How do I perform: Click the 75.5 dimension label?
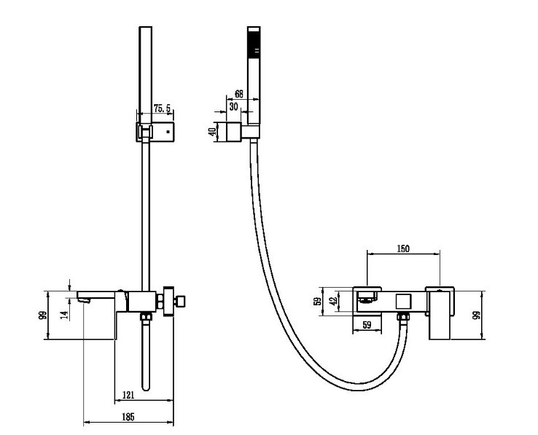pos(162,109)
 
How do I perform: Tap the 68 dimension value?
pos(239,94)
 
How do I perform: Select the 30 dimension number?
pos(234,106)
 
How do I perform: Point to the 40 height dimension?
pos(213,132)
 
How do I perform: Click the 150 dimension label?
pos(403,248)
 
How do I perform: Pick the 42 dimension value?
pos(333,301)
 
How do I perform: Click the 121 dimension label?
pos(128,395)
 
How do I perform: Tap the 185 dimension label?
pos(128,417)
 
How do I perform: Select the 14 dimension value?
pos(64,315)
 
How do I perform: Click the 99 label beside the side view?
pos(42,316)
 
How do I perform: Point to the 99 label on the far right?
pos(476,316)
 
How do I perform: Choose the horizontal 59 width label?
pos(367,324)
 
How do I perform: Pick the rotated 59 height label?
pos(318,301)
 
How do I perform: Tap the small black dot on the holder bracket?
pos(168,131)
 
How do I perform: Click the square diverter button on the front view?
pos(403,302)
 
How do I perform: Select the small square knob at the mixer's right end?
pos(181,302)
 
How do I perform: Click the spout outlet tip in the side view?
pos(84,300)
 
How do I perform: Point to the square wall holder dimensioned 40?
pos(234,132)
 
